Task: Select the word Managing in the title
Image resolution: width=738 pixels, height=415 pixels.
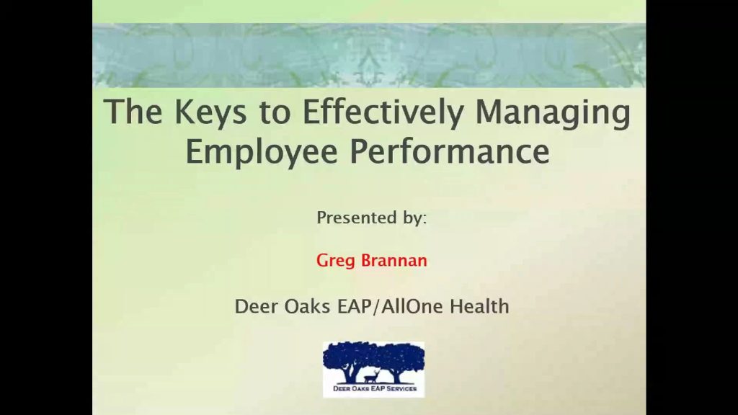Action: tap(553, 113)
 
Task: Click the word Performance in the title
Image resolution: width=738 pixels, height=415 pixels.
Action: tap(450, 151)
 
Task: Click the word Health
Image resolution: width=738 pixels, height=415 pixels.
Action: tap(479, 306)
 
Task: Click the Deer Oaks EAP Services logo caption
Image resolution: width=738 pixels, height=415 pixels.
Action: tap(375, 388)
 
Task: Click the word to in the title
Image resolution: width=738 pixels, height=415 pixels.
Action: tap(275, 113)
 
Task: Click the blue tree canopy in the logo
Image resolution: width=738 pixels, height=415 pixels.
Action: tap(374, 355)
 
